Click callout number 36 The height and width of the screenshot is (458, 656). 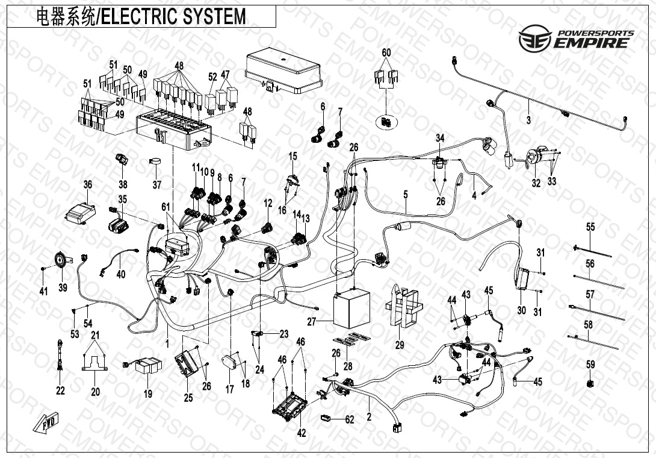88,185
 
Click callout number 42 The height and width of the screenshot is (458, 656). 302,432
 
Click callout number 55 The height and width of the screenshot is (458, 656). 590,227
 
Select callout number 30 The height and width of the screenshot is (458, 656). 521,310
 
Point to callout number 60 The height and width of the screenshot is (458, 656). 386,53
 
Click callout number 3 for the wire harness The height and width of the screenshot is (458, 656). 528,120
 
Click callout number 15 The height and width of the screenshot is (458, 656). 293,157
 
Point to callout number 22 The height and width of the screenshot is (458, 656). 60,391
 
